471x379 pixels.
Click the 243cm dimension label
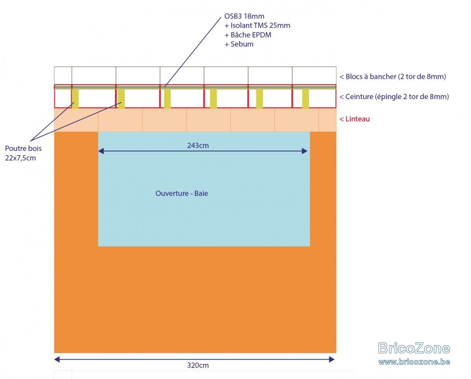198,145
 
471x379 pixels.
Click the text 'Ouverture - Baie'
182,194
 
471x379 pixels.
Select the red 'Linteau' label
354,119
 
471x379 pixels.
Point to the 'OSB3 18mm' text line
244,16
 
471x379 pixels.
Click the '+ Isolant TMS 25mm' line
257,25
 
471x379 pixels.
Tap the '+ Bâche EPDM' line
248,35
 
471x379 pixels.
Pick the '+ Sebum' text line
239,44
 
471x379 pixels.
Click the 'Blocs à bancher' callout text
392,77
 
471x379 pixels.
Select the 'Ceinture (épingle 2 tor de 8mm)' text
394,96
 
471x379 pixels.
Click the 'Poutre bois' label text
23,149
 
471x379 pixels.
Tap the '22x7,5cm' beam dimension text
20,158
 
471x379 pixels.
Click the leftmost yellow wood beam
75,99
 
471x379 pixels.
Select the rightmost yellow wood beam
305,99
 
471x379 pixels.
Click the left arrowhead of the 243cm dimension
101,151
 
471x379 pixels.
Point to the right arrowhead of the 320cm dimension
332,359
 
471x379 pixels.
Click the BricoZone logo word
414,348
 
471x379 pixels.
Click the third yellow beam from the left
168,99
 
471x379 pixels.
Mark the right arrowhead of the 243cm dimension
305,151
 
